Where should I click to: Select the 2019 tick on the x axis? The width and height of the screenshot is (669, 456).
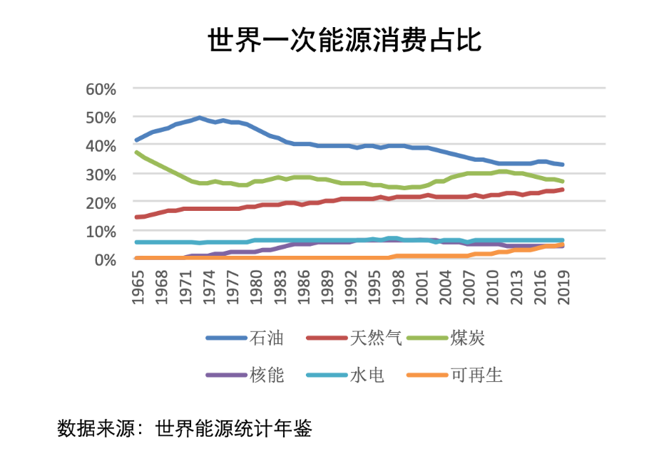point(563,287)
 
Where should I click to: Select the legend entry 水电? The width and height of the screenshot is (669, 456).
point(367,375)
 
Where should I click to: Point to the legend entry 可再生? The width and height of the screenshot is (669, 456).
point(476,375)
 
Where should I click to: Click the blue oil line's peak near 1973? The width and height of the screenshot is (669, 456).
point(199,118)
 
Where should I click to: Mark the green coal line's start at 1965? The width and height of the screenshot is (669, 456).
point(136,152)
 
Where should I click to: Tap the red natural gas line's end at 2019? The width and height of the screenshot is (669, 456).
point(562,189)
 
